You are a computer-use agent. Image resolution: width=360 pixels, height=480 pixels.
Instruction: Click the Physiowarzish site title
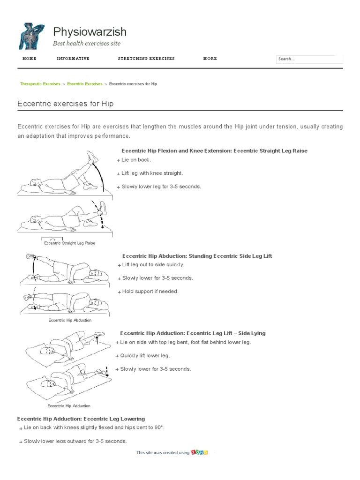[90, 32]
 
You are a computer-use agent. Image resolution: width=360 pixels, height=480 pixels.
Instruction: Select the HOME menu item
[29, 59]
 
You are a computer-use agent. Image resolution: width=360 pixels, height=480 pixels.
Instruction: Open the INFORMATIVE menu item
[73, 59]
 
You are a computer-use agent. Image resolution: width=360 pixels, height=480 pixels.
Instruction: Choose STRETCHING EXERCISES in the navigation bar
[146, 59]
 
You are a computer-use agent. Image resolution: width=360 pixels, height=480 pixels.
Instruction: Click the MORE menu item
[210, 59]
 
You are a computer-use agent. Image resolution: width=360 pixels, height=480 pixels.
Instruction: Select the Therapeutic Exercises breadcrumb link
[40, 84]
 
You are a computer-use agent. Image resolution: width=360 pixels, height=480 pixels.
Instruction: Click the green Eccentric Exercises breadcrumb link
[84, 84]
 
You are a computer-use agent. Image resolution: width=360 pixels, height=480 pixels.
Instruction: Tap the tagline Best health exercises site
[87, 44]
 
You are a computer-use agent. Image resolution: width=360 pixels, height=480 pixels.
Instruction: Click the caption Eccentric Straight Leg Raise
[69, 243]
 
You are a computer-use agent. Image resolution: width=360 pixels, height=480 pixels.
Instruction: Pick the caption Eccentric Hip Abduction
[70, 320]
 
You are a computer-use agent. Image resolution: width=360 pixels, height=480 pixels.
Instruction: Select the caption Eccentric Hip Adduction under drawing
[69, 406]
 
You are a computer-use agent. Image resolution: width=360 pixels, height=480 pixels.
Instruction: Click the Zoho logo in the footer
[200, 453]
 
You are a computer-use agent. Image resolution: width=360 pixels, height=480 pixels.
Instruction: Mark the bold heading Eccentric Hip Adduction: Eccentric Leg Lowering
[81, 419]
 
